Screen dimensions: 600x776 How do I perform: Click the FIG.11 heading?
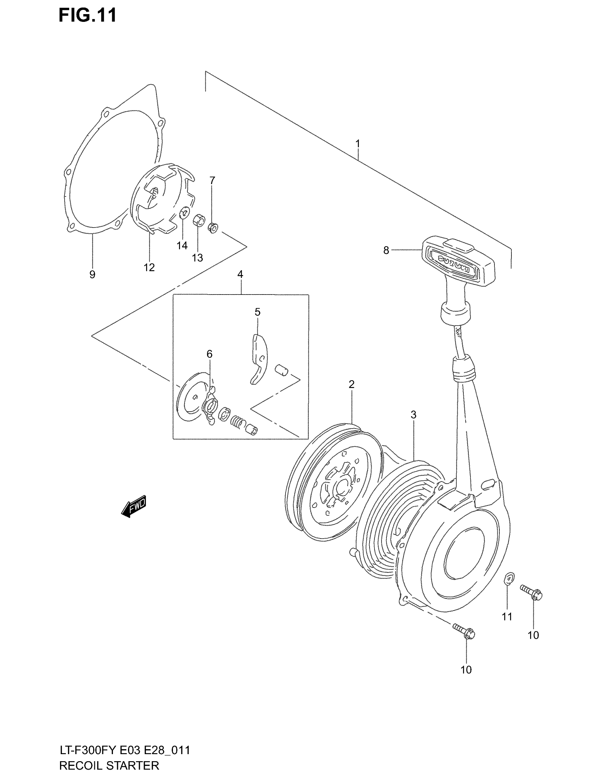[x=88, y=16]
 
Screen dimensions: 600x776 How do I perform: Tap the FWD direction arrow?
[x=134, y=506]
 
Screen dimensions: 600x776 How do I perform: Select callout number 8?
[x=386, y=250]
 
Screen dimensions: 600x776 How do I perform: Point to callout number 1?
[x=358, y=144]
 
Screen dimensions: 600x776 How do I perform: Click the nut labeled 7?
[x=212, y=228]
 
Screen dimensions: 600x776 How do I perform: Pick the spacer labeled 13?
[x=198, y=221]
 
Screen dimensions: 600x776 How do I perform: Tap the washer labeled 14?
[x=184, y=214]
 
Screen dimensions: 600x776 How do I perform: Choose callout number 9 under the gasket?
[x=92, y=274]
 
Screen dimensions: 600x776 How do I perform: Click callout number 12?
[x=149, y=268]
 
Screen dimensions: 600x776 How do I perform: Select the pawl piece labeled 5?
[x=258, y=359]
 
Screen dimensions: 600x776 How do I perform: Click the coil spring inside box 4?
[x=238, y=422]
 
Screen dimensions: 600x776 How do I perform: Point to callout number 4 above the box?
[x=240, y=274]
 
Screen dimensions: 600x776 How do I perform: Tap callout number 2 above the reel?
[x=352, y=384]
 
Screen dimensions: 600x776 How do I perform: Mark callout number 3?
[x=413, y=415]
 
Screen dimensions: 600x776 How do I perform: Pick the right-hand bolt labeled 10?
[x=531, y=592]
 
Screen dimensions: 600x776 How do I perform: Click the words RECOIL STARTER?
[x=109, y=765]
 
